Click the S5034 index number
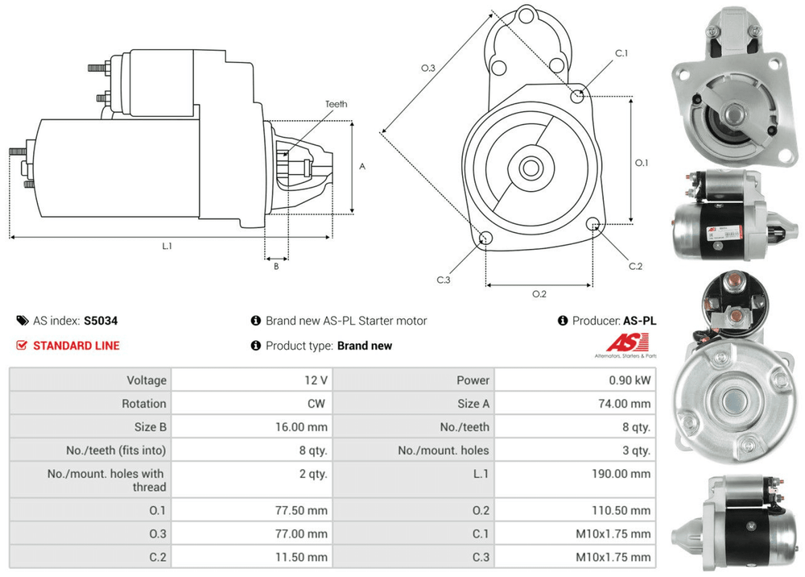point(101,320)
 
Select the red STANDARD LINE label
point(76,346)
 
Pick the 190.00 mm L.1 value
point(622,474)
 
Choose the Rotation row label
point(144,404)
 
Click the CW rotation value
point(317,404)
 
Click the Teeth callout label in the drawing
point(336,104)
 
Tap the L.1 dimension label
point(167,246)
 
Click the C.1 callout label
point(621,53)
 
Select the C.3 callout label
point(444,280)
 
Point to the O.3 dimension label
point(428,68)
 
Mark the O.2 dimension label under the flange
point(539,294)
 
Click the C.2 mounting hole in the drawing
point(593,224)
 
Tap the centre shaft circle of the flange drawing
point(530,168)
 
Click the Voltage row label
point(147,380)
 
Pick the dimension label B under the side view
point(276,266)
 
